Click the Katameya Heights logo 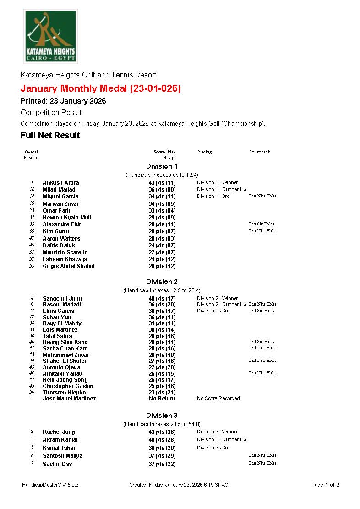click(x=50, y=36)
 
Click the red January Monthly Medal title click(x=101, y=88)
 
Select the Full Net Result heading click(x=50, y=135)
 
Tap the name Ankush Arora click(x=61, y=182)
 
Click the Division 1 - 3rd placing click(x=213, y=196)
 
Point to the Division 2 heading click(x=162, y=282)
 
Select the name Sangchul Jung click(x=62, y=298)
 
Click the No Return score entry click(x=162, y=399)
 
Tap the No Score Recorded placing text click(x=218, y=398)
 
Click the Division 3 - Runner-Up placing click(x=222, y=439)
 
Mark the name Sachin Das click(x=57, y=464)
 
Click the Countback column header click(x=260, y=152)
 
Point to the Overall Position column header click(x=32, y=154)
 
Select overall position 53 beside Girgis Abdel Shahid click(x=32, y=266)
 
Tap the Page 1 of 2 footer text click(x=325, y=485)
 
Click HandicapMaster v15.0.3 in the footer click(x=47, y=485)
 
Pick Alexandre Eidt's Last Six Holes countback click(x=262, y=224)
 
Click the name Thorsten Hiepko click(x=64, y=392)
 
